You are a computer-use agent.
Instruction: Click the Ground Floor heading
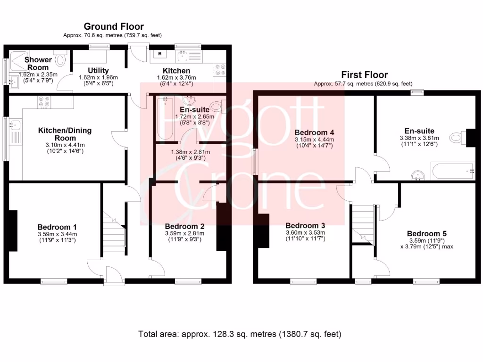(x=114, y=26)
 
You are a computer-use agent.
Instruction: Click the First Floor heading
(x=365, y=74)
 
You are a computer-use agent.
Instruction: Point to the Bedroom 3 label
(x=305, y=225)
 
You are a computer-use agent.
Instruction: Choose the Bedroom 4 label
(x=314, y=132)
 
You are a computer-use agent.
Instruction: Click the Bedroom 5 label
(x=427, y=233)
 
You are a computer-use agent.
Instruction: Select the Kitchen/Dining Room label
(x=65, y=134)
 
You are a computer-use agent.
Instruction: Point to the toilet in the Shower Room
(x=60, y=60)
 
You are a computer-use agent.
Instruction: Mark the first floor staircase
(x=363, y=223)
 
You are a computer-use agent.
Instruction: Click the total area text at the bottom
(x=240, y=334)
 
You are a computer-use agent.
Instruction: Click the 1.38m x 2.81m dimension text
(x=190, y=152)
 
